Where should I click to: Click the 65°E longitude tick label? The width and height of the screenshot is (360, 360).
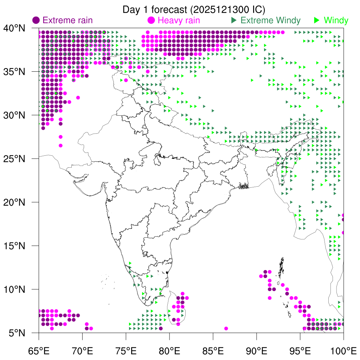pos(39,351)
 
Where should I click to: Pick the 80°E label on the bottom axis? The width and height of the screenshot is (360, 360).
pos(169,351)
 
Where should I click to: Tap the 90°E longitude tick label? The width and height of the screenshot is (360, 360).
pos(257,351)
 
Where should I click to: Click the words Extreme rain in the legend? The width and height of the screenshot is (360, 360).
pos(67,20)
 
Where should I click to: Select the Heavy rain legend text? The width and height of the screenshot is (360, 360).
pos(179,20)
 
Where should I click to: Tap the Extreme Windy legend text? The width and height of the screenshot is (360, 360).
pos(270,20)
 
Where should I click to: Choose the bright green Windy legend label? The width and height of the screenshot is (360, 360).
pos(336,20)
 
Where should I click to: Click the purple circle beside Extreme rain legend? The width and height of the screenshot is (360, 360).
pos(36,20)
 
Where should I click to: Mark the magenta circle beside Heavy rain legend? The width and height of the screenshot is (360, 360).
pos(152,20)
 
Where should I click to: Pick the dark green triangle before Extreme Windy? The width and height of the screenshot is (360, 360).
pos(233,20)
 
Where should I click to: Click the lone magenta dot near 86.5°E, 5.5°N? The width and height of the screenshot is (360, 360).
pos(226,328)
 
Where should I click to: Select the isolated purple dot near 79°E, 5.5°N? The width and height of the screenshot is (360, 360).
pos(161,328)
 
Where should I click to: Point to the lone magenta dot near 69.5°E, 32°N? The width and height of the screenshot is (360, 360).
pos(78,98)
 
